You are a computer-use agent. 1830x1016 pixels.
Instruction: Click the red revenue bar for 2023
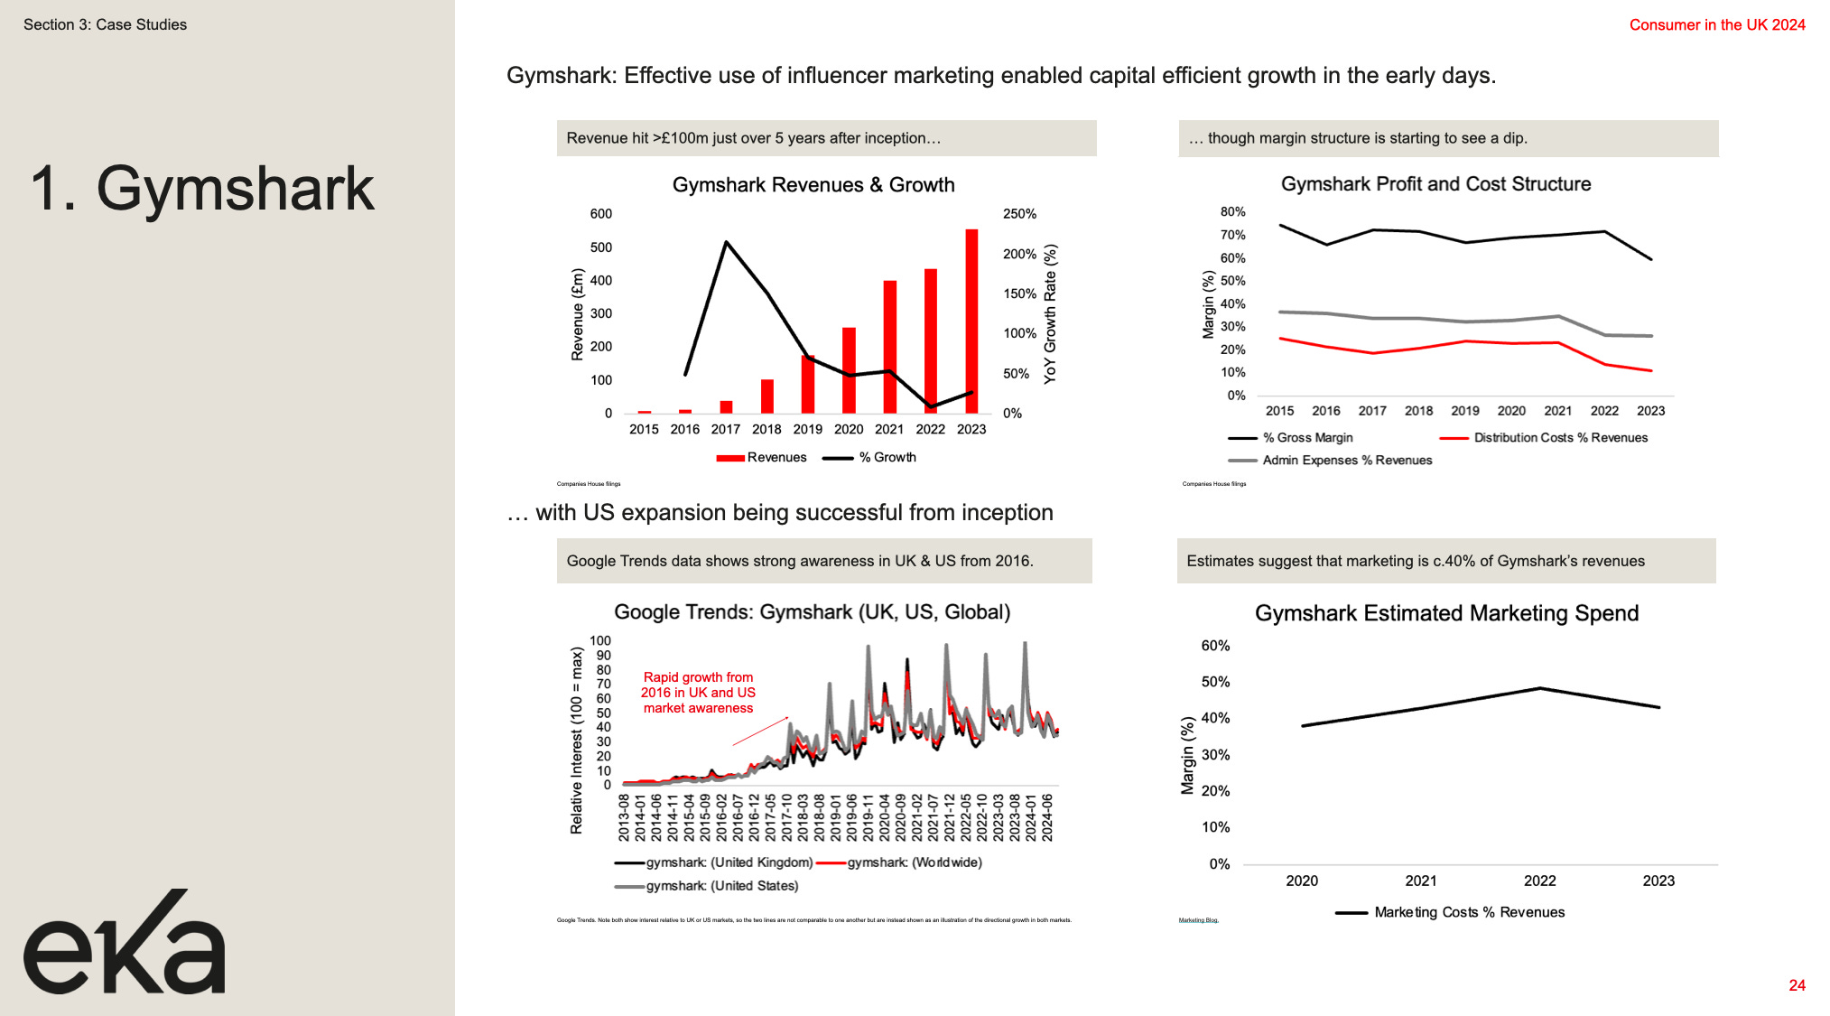click(x=971, y=321)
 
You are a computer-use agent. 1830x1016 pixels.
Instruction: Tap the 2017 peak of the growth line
click(x=727, y=242)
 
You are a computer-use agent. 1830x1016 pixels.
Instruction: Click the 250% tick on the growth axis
click(x=1019, y=214)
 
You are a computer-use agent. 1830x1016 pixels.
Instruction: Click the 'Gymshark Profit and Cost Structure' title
click(x=1435, y=184)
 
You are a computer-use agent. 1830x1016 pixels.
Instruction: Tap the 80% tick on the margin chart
click(x=1232, y=212)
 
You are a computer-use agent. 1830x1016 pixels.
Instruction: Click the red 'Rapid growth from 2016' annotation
click(x=698, y=693)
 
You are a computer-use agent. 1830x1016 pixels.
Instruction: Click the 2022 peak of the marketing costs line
click(x=1540, y=688)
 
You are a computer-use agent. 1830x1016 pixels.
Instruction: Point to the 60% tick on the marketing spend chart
click(x=1215, y=646)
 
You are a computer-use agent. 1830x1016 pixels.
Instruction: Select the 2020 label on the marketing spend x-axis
click(x=1302, y=881)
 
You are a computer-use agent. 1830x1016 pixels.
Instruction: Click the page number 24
click(x=1797, y=985)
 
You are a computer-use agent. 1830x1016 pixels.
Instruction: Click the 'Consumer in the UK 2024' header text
click(x=1716, y=25)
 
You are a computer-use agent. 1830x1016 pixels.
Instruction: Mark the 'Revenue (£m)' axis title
click(x=578, y=314)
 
